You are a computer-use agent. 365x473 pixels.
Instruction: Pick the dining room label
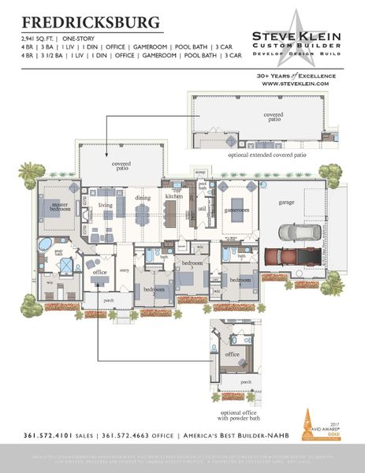click(x=142, y=198)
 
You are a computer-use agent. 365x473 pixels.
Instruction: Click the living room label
click(x=105, y=205)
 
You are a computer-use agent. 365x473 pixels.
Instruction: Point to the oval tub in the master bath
click(x=45, y=244)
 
